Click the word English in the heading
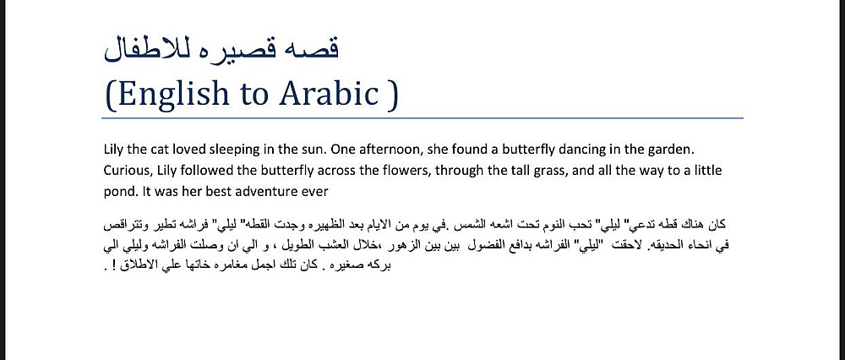[168, 93]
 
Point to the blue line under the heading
[422, 118]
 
